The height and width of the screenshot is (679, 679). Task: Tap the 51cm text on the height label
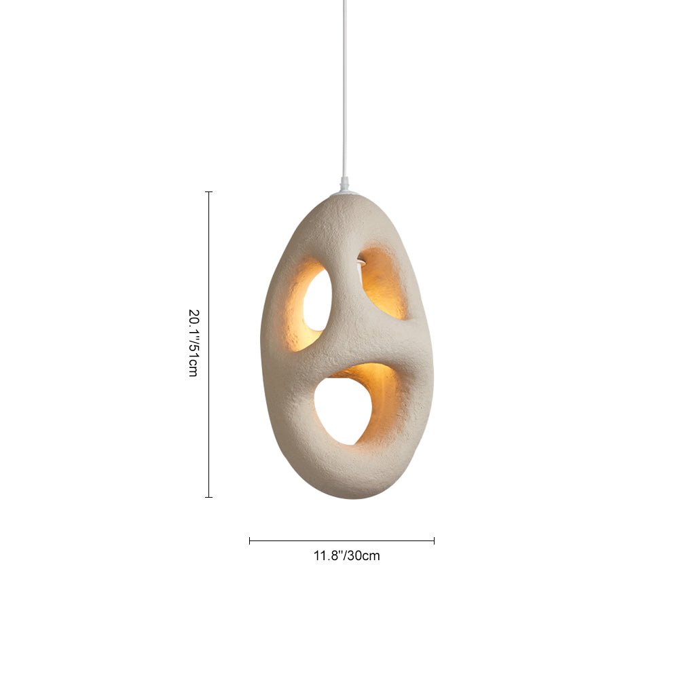(193, 363)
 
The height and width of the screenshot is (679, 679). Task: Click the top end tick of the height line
(208, 192)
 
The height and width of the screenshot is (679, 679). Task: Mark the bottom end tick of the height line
(208, 497)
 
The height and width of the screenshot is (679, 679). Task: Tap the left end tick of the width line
(250, 540)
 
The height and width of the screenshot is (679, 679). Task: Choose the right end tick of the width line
(434, 540)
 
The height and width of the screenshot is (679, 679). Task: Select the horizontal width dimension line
(342, 540)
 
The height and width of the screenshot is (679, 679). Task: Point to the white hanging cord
(344, 88)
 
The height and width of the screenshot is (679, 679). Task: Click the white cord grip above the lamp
(344, 183)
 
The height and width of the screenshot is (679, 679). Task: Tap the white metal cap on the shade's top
(345, 194)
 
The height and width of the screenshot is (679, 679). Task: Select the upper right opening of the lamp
(382, 283)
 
